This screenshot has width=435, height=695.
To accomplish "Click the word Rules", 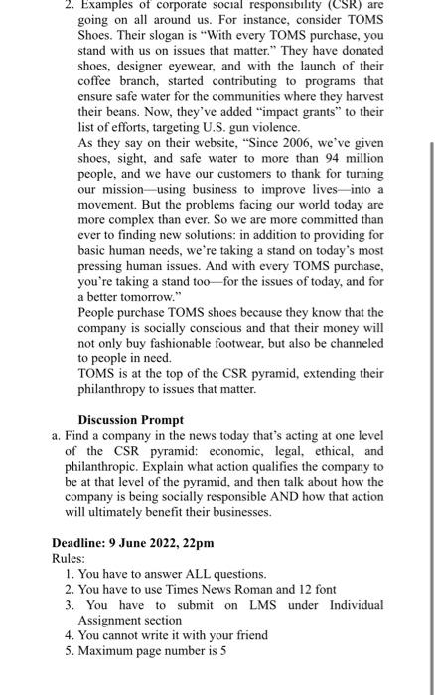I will click(70, 558).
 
